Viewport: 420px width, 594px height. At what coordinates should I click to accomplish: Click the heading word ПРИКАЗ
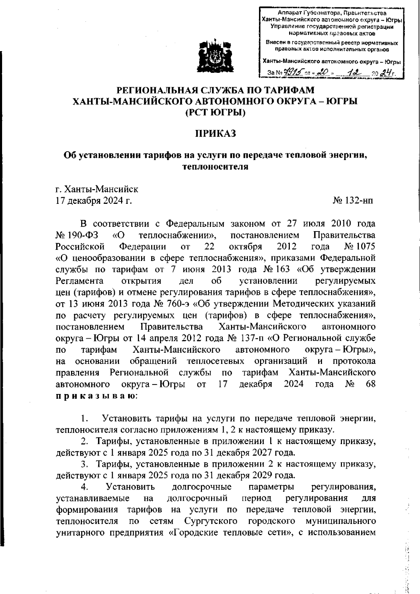(215, 133)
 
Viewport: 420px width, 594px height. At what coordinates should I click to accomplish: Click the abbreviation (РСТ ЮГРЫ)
(215, 113)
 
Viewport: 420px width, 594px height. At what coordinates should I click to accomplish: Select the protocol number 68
(370, 384)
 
